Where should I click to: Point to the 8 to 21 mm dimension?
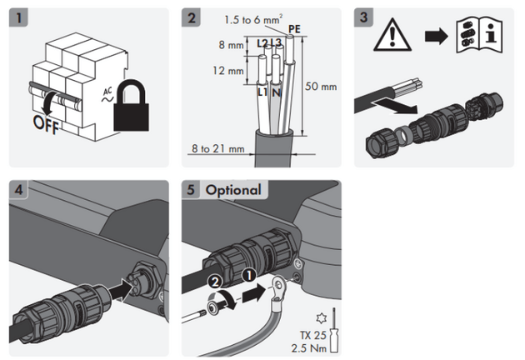[217, 149]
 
